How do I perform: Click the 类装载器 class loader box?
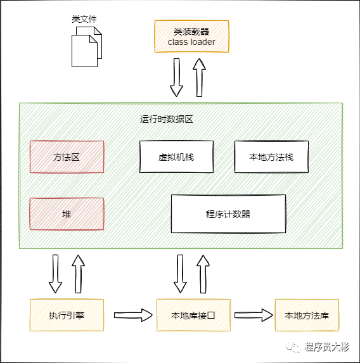coord(191,36)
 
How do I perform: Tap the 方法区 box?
coord(67,156)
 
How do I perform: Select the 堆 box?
coord(67,213)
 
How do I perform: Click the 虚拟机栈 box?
coord(176,156)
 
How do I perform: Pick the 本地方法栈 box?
coord(271,156)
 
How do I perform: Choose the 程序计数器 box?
coord(228,213)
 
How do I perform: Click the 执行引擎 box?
coord(67,315)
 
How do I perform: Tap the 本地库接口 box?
coord(193,315)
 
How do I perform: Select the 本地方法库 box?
coord(307,315)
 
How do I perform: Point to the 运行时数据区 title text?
coord(166,119)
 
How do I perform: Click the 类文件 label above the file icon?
coord(84,19)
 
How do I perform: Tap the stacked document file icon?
coord(87,47)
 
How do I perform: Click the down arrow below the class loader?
coord(177,77)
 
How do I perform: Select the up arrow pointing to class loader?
coord(199,77)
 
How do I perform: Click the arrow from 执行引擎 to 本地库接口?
coord(133,315)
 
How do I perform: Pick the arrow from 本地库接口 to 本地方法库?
coord(254,315)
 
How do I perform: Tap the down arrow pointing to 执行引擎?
coord(55,274)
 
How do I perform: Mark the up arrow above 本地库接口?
coord(203,274)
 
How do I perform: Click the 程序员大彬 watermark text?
coord(326,347)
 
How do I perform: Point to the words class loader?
coord(191,42)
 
